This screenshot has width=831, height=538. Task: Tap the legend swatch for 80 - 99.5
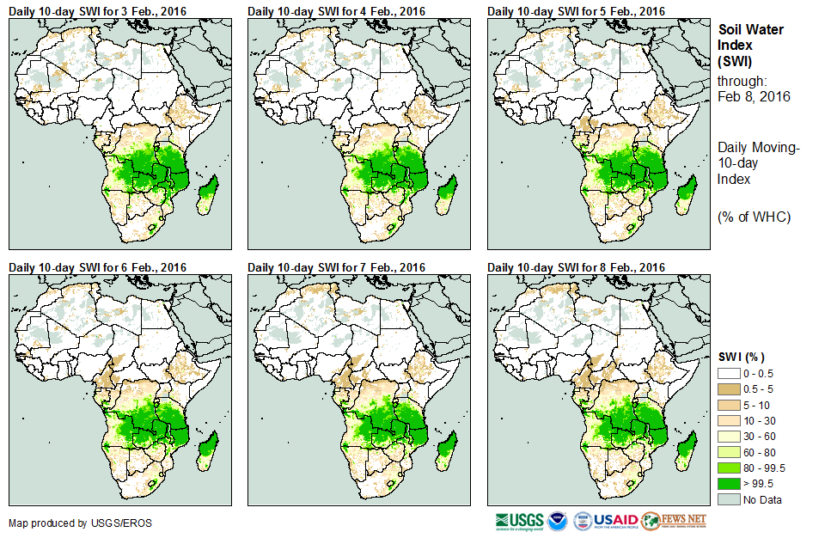[x=729, y=468]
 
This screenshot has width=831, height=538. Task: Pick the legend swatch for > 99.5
[x=729, y=484]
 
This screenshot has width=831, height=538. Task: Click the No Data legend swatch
[x=729, y=499]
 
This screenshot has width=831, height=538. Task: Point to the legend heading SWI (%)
[x=742, y=357]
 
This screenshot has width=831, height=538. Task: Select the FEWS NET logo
[x=675, y=521]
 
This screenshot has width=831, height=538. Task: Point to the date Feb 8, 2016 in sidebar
[x=754, y=97]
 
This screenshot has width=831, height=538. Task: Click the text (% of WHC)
[x=754, y=217]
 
